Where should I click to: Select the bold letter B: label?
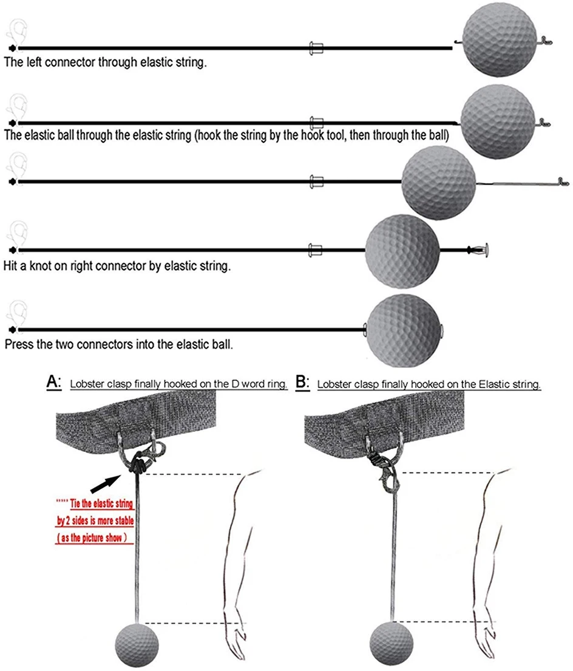point(302,383)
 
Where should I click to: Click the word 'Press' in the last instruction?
point(18,343)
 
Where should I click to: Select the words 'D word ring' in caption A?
point(257,384)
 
